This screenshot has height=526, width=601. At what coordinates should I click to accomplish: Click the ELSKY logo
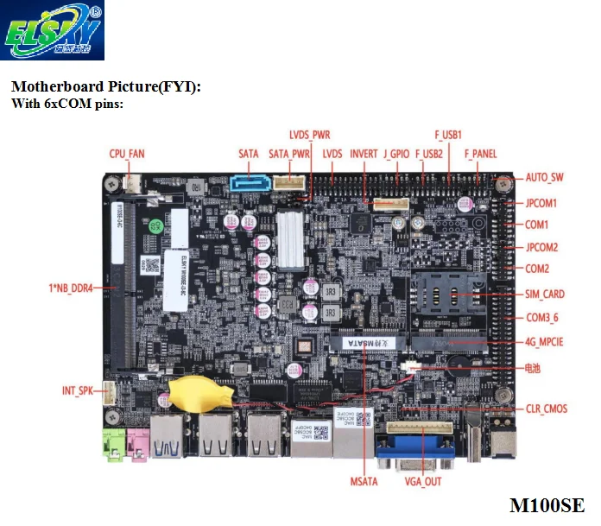click(x=53, y=31)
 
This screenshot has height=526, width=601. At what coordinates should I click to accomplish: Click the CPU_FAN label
click(x=126, y=154)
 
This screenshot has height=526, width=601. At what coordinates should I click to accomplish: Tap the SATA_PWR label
click(x=289, y=154)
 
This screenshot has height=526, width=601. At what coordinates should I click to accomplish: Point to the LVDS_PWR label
click(x=309, y=135)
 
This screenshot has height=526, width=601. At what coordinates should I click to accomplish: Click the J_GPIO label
click(x=396, y=154)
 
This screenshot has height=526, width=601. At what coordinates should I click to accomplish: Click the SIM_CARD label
click(x=545, y=294)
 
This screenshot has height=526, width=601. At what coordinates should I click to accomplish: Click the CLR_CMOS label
click(x=547, y=409)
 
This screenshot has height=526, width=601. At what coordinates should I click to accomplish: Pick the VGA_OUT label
click(x=422, y=481)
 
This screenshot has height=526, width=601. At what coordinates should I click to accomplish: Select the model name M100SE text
click(x=546, y=505)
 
